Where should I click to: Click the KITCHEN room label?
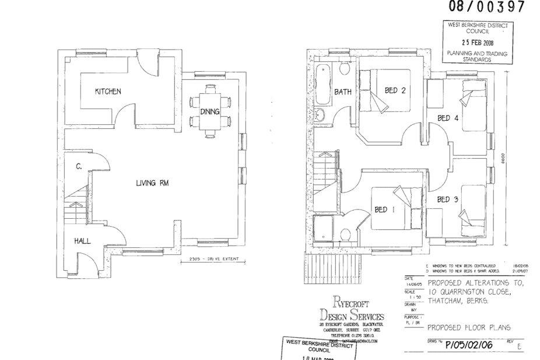pyautogui.click(x=108, y=92)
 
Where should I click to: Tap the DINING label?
pyautogui.click(x=209, y=111)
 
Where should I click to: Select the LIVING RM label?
pyautogui.click(x=152, y=183)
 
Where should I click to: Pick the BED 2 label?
pyautogui.click(x=395, y=90)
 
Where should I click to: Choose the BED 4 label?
pyautogui.click(x=448, y=118)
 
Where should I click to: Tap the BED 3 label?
pyautogui.click(x=448, y=200)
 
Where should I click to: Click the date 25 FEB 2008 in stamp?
pyautogui.click(x=477, y=42)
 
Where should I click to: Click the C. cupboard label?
pyautogui.click(x=78, y=167)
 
